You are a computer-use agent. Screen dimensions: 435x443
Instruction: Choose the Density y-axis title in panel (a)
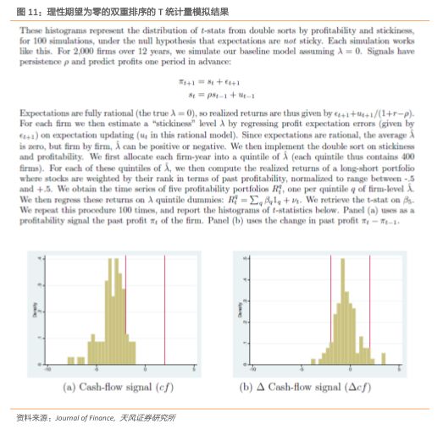[30, 309]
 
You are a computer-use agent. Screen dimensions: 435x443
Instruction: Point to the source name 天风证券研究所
[146, 418]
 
